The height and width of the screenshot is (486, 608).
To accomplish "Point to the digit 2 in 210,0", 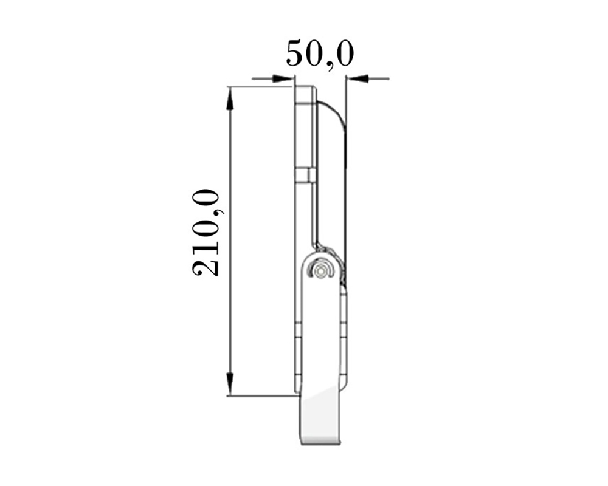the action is pos(206,266).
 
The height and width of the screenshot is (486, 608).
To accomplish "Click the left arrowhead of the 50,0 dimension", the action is pos(282,79).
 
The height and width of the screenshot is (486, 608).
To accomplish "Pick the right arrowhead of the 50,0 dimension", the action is pos(357,79).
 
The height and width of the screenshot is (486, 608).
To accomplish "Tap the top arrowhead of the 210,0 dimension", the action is pos(230,97).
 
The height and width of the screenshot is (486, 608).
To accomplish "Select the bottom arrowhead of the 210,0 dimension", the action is pos(230,385).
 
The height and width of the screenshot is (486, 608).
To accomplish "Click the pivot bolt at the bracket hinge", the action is pos(320,270).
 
